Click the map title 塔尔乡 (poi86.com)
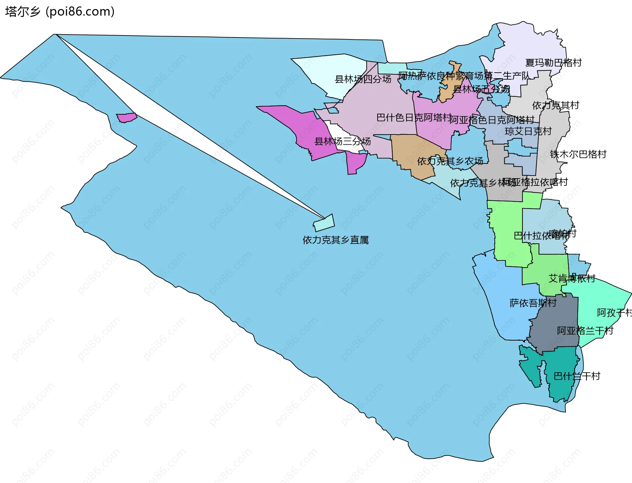point(60,12)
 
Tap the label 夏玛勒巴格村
point(553,62)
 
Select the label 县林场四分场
point(363,79)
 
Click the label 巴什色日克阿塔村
point(414,117)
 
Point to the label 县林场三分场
point(342,141)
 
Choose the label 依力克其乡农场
point(450,161)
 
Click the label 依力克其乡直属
point(335,240)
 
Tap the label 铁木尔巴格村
point(578,154)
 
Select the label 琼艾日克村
point(528,131)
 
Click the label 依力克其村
point(556,106)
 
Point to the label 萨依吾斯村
point(533,303)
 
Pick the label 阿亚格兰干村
point(585,331)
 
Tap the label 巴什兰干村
point(577,376)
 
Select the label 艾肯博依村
point(572,278)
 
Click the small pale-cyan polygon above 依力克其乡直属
point(324,223)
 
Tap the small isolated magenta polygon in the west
point(126,117)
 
